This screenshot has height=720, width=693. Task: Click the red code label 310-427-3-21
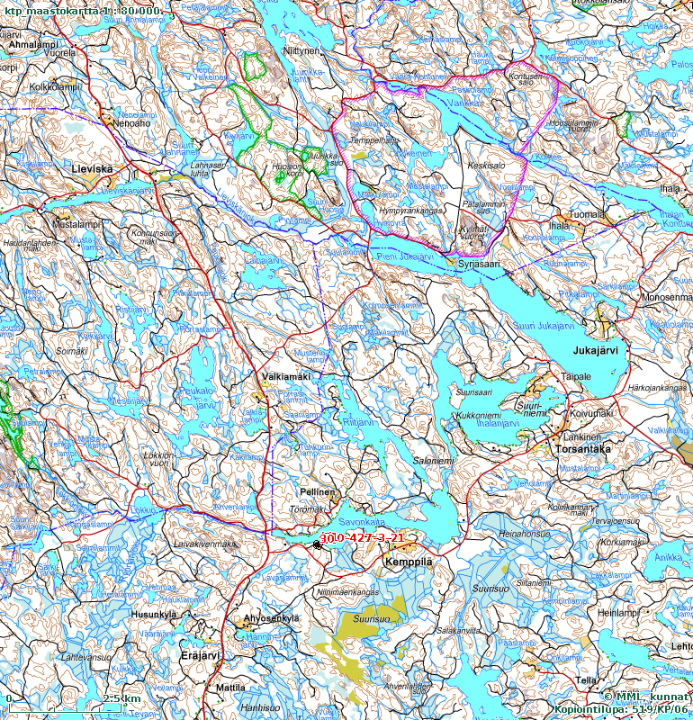point(362,537)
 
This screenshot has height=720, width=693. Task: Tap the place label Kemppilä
point(408,562)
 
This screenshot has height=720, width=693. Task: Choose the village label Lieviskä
point(97,168)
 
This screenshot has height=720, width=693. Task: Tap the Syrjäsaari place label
point(478,264)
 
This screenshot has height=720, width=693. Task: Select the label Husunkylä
point(154,615)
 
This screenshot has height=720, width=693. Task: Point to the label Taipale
point(577,376)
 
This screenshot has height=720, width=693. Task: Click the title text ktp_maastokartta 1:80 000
point(83,9)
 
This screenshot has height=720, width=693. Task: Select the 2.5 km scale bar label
point(121,698)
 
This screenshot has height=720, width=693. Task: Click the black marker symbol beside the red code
point(317,544)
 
